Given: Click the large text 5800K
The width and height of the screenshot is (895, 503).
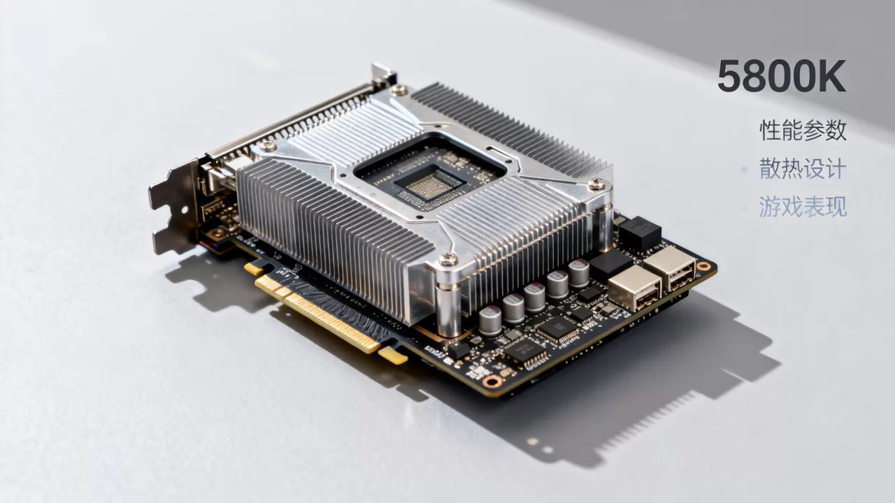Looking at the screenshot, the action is pyautogui.click(x=782, y=76).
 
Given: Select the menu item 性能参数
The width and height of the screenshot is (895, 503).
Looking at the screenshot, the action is pyautogui.click(x=803, y=130).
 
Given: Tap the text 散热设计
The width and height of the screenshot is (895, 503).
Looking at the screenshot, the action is pyautogui.click(x=803, y=168).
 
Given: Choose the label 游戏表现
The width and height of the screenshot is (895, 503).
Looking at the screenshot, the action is pyautogui.click(x=803, y=206).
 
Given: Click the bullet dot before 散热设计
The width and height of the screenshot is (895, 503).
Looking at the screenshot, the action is pyautogui.click(x=745, y=170).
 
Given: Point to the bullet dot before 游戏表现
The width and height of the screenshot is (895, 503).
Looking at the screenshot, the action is pyautogui.click(x=745, y=207).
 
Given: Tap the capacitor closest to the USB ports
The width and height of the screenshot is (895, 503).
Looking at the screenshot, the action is pyautogui.click(x=578, y=273).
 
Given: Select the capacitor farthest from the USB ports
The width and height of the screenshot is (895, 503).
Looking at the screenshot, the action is pyautogui.click(x=490, y=320).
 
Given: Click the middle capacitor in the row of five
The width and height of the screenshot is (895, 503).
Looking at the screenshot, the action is pyautogui.click(x=535, y=297).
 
